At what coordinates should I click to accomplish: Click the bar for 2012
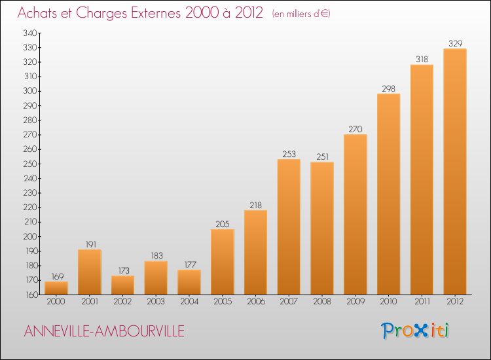[454, 171]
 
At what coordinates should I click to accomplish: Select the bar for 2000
[56, 288]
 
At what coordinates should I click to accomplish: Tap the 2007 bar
[289, 226]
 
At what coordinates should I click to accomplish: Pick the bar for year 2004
[189, 282]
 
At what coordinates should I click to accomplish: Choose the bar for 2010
[388, 194]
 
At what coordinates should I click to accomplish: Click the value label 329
[455, 44]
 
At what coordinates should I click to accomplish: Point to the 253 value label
[289, 154]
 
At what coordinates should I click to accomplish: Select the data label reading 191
[89, 245]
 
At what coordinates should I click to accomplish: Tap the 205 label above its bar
[222, 225]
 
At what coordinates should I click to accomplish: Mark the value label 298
[388, 89]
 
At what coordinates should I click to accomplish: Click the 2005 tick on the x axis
[222, 302]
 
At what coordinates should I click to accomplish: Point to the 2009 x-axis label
[355, 302]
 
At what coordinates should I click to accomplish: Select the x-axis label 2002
[122, 302]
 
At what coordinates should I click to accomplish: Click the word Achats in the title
[38, 13]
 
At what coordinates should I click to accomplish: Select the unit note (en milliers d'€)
[301, 14]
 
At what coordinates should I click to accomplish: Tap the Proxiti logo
[416, 331]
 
